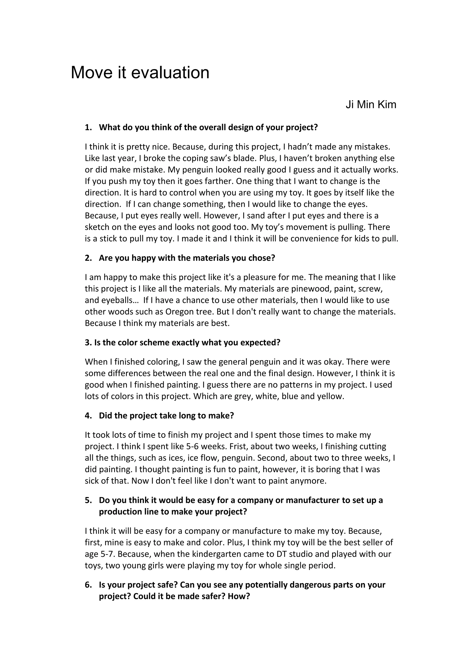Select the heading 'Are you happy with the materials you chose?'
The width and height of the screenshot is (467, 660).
pos(187,258)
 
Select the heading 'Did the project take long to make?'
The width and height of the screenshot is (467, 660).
pos(166,416)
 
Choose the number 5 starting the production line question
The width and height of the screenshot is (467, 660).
pos(88,500)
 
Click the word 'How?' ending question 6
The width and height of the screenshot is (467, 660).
pos(239,596)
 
